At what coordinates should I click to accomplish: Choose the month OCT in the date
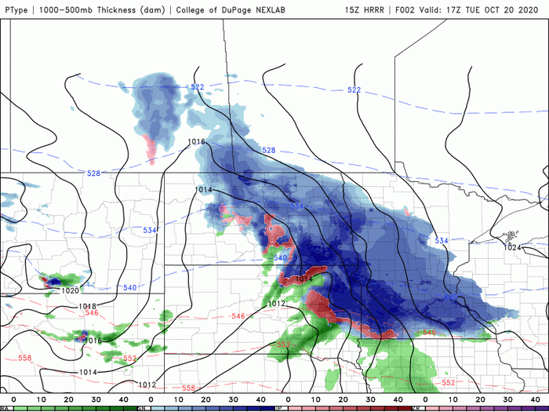[x=504, y=9]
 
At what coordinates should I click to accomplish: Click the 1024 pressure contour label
[x=512, y=247]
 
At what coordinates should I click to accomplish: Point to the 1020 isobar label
[x=71, y=290]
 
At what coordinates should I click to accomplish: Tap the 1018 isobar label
[x=88, y=306]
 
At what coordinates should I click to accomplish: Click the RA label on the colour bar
[x=4, y=408]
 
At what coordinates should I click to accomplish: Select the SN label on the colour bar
[x=141, y=408]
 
